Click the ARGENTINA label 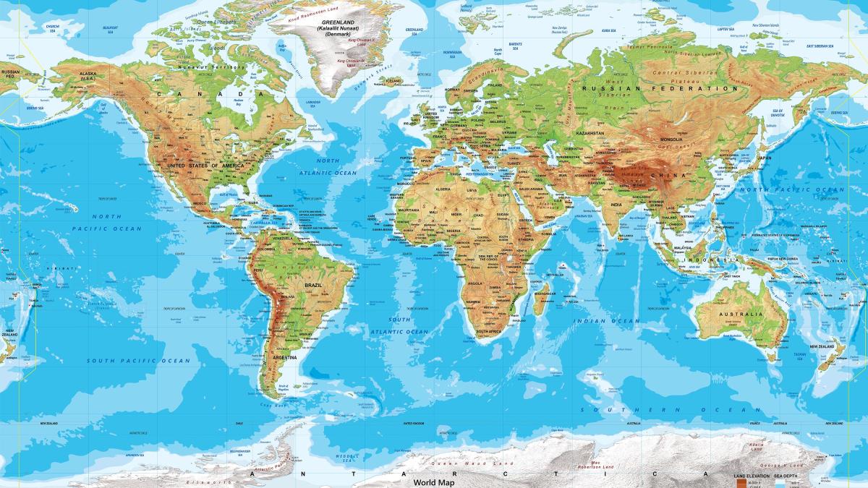pyautogui.click(x=284, y=357)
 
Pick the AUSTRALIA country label pyautogui.click(x=741, y=314)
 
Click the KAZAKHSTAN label pyautogui.click(x=590, y=134)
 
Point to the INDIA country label pyautogui.click(x=616, y=203)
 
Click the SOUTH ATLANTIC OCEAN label pyautogui.click(x=399, y=325)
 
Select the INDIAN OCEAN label pyautogui.click(x=607, y=320)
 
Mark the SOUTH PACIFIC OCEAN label pyautogui.click(x=138, y=360)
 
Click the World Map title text pyautogui.click(x=434, y=481)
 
